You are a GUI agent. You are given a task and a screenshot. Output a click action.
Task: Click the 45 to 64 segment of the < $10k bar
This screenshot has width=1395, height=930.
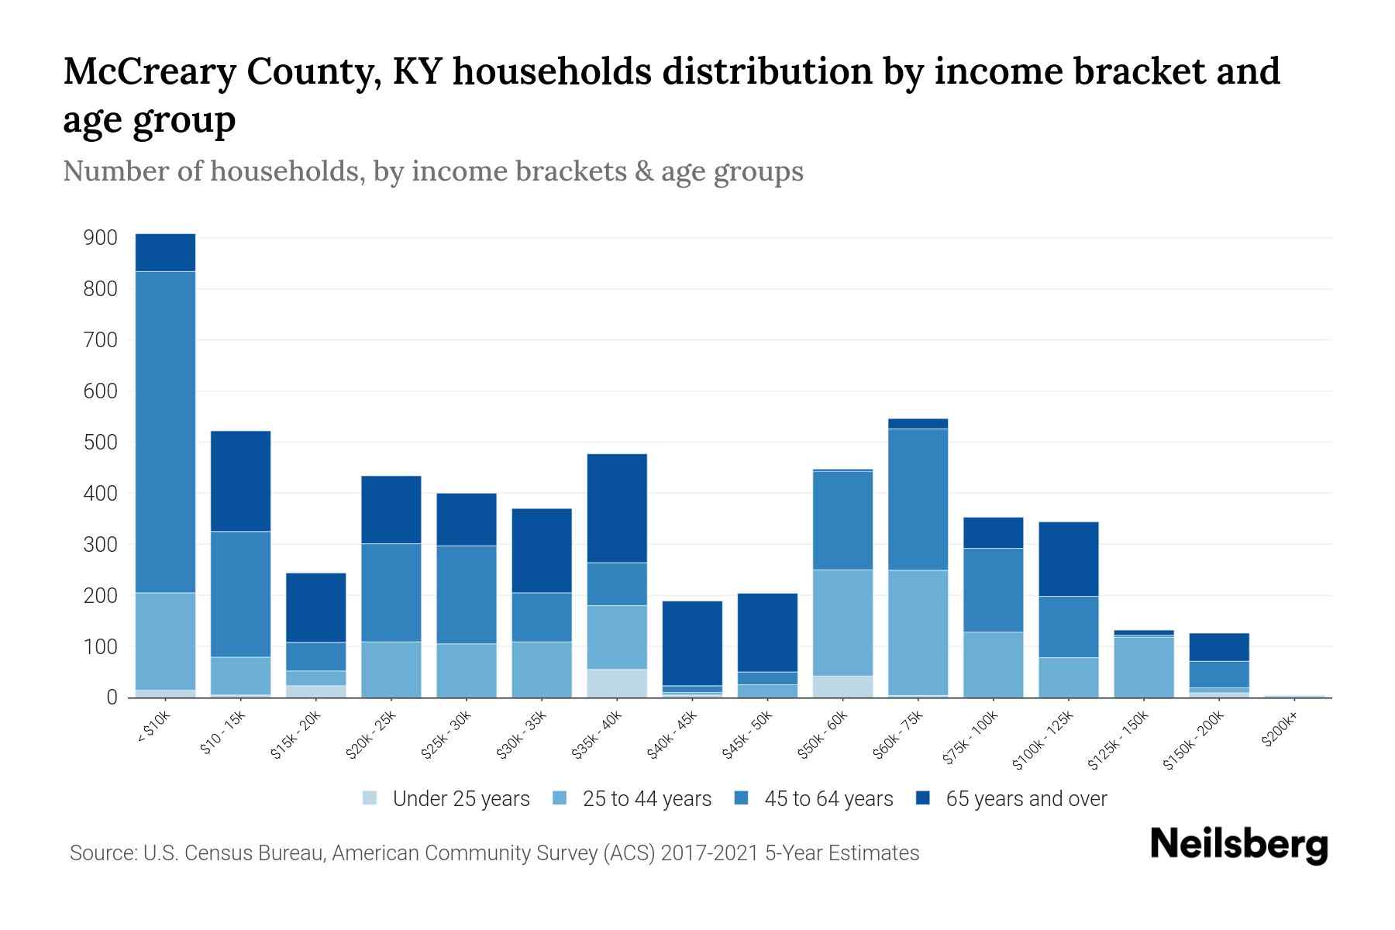[x=165, y=432]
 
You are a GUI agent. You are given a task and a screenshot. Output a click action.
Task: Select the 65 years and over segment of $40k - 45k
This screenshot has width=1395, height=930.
[x=692, y=643]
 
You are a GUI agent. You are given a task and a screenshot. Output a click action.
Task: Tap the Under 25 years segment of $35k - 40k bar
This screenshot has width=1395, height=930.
[x=617, y=683]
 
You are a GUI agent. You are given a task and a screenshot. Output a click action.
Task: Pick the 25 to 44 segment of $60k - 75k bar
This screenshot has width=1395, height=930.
[x=918, y=632]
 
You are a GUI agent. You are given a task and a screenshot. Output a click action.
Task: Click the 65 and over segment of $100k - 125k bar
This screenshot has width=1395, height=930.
[x=1069, y=559]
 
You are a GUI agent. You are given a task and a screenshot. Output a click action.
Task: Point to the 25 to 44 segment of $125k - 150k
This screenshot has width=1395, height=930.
[x=1144, y=666]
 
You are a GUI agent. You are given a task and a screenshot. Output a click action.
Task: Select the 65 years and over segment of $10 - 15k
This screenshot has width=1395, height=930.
[x=240, y=480]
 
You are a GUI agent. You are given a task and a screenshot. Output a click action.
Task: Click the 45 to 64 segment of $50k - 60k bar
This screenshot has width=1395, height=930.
[x=842, y=520]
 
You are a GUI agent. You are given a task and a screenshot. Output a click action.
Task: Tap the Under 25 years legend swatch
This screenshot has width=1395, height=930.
[x=370, y=798]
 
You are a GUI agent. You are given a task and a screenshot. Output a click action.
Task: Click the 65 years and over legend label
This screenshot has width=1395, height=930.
[x=1026, y=799]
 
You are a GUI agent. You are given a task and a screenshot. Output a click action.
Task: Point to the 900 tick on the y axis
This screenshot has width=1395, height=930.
[x=101, y=238]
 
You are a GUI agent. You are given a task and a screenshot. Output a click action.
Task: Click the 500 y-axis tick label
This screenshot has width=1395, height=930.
[x=101, y=443]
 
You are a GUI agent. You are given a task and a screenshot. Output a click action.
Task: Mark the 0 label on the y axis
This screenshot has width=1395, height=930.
[x=112, y=697]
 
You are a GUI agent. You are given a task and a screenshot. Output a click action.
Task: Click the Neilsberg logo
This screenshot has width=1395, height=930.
[x=1238, y=844]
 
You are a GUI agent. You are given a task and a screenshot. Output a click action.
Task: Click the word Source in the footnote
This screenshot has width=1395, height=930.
[x=102, y=853]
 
